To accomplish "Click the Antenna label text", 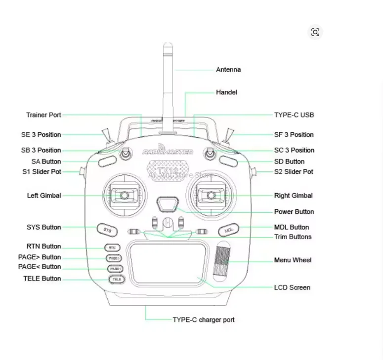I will click(x=228, y=70).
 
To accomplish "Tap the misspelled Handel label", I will click(x=226, y=92).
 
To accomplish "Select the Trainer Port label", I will click(x=43, y=115).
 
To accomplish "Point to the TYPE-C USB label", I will click(x=294, y=115).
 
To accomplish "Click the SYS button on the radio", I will click(x=107, y=230).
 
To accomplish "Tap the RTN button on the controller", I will click(x=112, y=247).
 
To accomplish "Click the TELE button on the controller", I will click(x=117, y=279).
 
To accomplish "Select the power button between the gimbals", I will click(x=168, y=203).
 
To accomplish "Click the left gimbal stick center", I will click(x=124, y=196).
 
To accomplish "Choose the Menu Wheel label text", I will click(x=293, y=260).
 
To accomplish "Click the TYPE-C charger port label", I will click(x=203, y=320).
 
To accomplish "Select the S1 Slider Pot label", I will click(x=42, y=172).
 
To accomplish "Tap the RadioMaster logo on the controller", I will click(x=168, y=152).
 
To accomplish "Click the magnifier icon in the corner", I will click(x=315, y=33).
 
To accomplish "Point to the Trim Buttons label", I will click(x=293, y=237).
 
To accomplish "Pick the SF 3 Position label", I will click(x=294, y=134).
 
